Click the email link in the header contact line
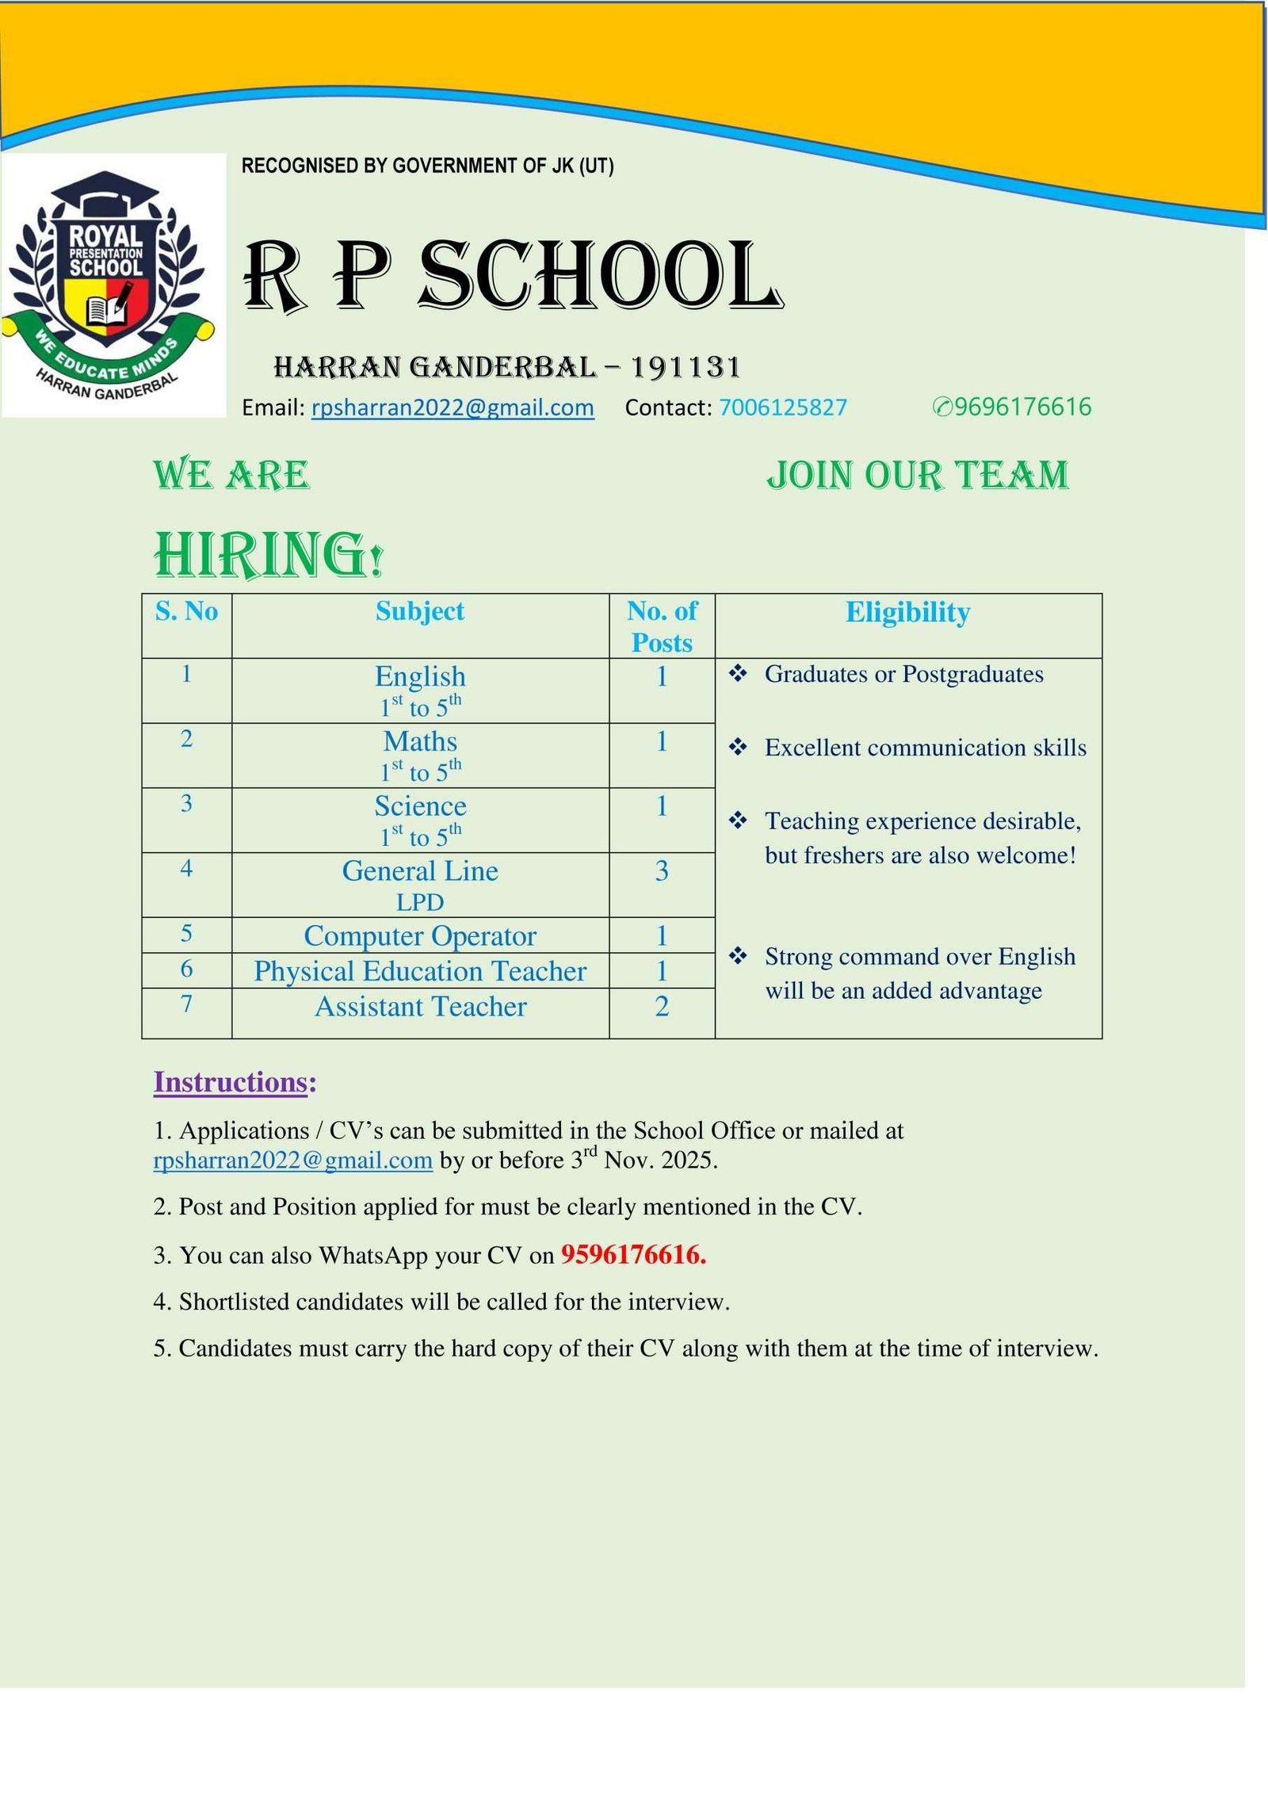(453, 407)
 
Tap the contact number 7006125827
(782, 407)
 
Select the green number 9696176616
(1022, 407)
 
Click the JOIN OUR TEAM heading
(918, 476)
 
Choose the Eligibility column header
(907, 612)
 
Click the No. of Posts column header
(662, 626)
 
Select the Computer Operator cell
(420, 936)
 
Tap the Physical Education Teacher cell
(420, 971)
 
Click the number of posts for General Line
(662, 871)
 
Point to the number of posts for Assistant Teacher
(662, 1007)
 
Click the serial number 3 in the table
(186, 804)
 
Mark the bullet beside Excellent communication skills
(738, 748)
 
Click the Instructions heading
(235, 1083)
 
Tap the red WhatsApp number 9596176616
(633, 1255)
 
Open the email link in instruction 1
(293, 1161)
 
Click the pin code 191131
(686, 368)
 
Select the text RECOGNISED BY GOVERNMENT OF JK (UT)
(427, 166)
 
